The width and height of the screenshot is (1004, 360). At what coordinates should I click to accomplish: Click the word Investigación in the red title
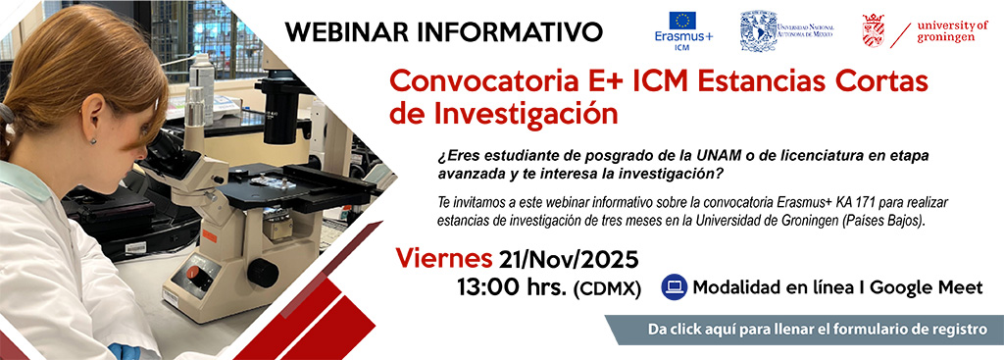(x=504, y=114)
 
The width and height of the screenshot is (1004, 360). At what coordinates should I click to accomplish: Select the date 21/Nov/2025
(x=569, y=260)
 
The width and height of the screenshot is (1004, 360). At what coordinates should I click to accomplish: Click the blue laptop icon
(x=674, y=286)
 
